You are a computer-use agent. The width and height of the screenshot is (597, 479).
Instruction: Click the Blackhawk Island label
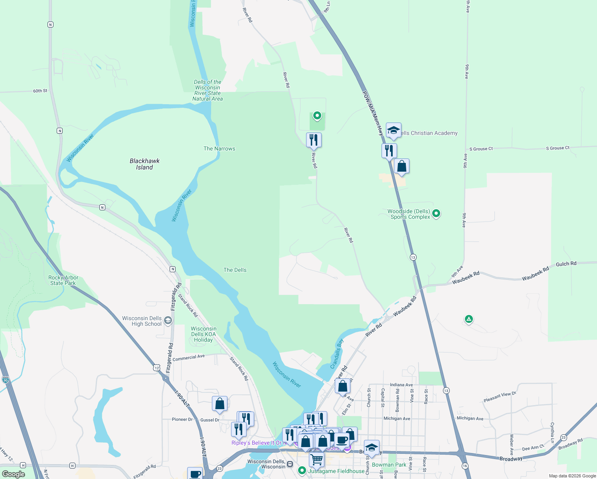pyautogui.click(x=144, y=164)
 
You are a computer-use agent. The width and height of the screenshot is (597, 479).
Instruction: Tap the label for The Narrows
pyautogui.click(x=219, y=148)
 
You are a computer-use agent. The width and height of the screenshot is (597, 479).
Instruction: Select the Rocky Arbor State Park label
pyautogui.click(x=63, y=280)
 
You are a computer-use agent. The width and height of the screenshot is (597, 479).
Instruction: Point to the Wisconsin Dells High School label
pyautogui.click(x=142, y=321)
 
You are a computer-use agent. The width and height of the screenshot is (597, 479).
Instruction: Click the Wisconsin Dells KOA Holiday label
pyautogui.click(x=204, y=335)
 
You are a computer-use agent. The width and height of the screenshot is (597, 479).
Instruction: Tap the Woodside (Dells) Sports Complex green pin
pyautogui.click(x=436, y=214)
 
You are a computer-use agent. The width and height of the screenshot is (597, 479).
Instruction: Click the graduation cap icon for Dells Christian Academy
pyautogui.click(x=393, y=131)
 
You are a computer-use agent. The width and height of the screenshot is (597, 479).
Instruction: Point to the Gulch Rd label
pyautogui.click(x=566, y=264)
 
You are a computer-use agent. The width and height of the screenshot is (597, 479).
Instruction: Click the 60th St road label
pyautogui.click(x=40, y=91)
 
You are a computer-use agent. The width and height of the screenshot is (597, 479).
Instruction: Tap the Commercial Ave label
pyautogui.click(x=188, y=358)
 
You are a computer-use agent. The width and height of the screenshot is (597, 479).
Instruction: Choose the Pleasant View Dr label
pyautogui.click(x=500, y=397)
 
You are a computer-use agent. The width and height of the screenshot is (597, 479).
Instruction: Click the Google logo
pyautogui.click(x=14, y=474)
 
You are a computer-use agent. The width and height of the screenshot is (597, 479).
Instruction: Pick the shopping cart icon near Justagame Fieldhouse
pyautogui.click(x=316, y=459)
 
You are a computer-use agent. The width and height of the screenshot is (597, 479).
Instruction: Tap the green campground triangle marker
pyautogui.click(x=469, y=319)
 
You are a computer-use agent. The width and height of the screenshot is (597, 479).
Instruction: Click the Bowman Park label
pyautogui.click(x=389, y=465)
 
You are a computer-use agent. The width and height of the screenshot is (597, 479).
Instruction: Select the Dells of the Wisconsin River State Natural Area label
pyautogui.click(x=208, y=90)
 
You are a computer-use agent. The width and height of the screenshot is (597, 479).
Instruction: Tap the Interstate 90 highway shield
pyautogui.click(x=5, y=379)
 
